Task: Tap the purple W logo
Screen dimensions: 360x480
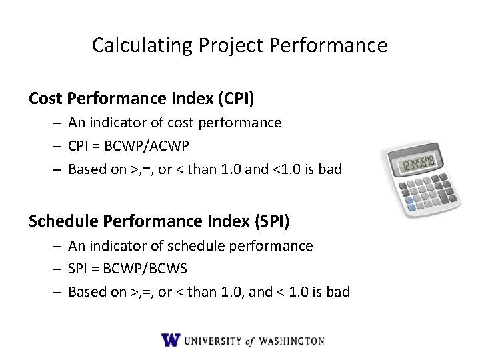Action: click(x=171, y=340)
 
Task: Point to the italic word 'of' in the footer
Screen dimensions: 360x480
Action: click(x=249, y=341)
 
